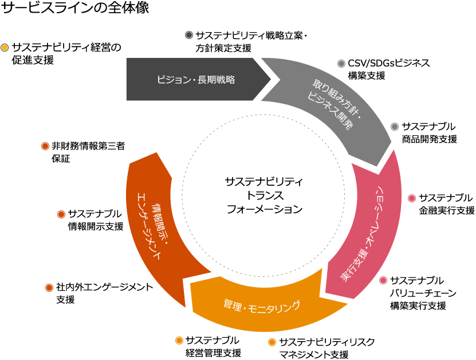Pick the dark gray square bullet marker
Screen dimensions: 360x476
189,35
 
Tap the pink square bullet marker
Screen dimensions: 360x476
411,198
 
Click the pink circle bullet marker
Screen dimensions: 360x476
383,280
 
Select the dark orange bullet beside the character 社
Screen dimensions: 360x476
49,287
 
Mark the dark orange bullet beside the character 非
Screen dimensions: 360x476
45,146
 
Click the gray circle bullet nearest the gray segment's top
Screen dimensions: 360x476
341,64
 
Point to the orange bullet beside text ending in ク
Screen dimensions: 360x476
272,342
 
